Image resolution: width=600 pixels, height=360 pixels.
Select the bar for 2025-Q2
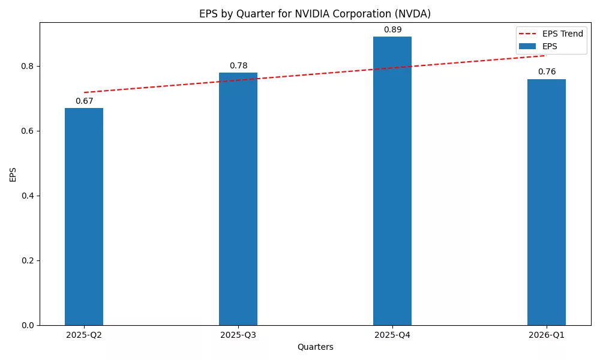point(84,216)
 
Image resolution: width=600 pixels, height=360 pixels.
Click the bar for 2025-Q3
point(238,198)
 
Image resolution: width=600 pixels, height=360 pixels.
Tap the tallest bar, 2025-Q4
point(392,180)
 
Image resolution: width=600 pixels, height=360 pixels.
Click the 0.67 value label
point(84,101)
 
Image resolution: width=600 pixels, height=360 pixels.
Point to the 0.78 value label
point(238,65)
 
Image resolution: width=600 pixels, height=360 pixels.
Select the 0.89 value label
point(392,29)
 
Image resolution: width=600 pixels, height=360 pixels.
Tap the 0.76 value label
point(547,71)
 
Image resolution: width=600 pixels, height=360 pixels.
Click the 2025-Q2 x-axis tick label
point(84,335)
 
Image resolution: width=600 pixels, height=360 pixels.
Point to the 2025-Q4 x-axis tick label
point(392,335)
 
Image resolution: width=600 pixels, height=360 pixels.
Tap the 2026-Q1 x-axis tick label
point(547,335)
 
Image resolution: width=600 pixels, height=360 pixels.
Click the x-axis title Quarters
point(315,347)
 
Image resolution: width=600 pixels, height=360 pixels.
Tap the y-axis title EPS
point(13,174)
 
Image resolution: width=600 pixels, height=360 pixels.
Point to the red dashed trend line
point(315,74)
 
